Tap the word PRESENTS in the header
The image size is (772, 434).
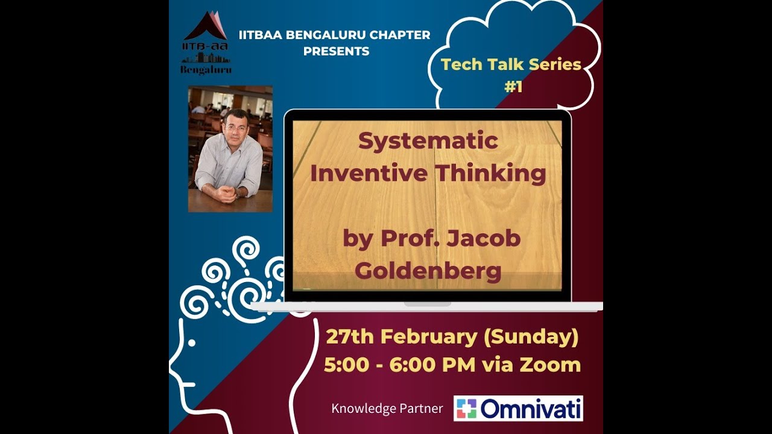(336, 51)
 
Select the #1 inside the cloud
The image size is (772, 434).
(513, 87)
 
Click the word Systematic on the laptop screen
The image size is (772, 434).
(428, 141)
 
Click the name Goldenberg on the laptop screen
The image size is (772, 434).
(428, 271)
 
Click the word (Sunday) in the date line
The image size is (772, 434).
(531, 337)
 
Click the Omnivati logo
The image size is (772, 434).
(518, 408)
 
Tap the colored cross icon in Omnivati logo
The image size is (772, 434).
(466, 408)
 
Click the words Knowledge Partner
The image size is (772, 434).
(387, 409)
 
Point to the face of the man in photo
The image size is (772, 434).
(235, 124)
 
